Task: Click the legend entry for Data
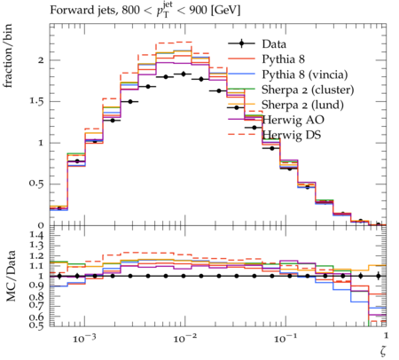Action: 274,44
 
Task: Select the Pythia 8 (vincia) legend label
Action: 305,74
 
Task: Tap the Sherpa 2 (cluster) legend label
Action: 308,90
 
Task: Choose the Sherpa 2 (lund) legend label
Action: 302,105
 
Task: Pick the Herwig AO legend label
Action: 293,120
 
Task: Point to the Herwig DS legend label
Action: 292,135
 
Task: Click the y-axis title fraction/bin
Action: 8,56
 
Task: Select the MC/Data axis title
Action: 11,276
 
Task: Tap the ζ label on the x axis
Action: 383,350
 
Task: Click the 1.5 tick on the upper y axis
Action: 36,101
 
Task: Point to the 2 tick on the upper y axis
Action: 41,60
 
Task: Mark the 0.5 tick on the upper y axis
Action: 36,184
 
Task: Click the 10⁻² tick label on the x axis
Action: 184,338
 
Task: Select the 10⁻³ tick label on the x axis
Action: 84,338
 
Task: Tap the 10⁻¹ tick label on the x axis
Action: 285,338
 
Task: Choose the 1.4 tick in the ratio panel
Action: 36,236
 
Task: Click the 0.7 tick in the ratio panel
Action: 36,306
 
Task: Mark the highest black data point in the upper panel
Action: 184,74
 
